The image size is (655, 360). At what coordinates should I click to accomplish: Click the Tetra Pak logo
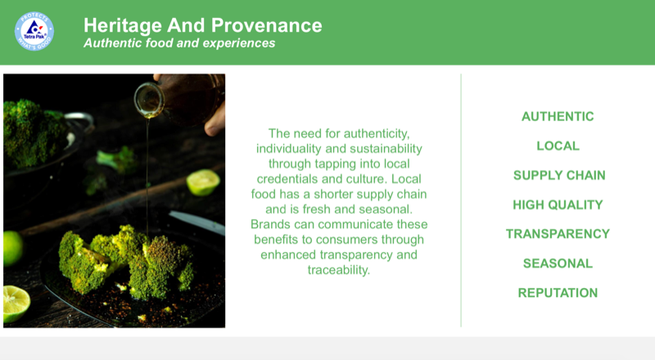34,32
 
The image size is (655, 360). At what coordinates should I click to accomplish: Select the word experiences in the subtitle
238,43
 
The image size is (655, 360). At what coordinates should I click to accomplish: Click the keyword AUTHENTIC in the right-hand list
558,116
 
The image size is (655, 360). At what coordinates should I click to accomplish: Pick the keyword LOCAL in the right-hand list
558,146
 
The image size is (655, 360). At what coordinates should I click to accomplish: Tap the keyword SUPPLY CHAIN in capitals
558,175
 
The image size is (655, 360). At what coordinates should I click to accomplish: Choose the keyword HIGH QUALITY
558,205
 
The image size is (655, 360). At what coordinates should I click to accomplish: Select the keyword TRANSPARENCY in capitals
558,234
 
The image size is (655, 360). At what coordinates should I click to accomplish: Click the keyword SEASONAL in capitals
558,263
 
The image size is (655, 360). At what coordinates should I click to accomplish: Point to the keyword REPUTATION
558,293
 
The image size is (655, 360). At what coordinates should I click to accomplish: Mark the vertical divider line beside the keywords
461,200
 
